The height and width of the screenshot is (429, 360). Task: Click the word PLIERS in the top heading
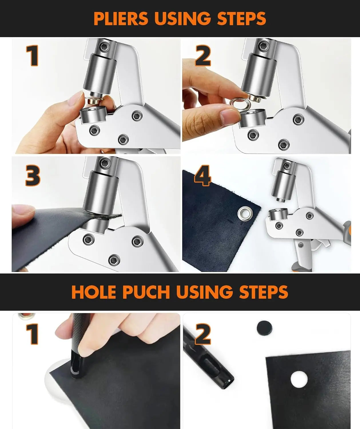[x=121, y=19]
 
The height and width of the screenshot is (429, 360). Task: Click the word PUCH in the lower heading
[x=146, y=292]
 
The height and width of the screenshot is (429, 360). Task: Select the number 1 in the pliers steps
[x=33, y=56]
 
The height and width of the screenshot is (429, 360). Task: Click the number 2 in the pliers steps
[x=203, y=56]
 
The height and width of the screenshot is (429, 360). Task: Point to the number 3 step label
[x=33, y=175]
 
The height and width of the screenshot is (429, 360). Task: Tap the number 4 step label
[x=203, y=175]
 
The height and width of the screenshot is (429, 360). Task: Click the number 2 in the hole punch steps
[x=203, y=334]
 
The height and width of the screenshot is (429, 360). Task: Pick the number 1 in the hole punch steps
[x=33, y=334]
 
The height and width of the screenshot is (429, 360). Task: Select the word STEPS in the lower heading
[x=264, y=292]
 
